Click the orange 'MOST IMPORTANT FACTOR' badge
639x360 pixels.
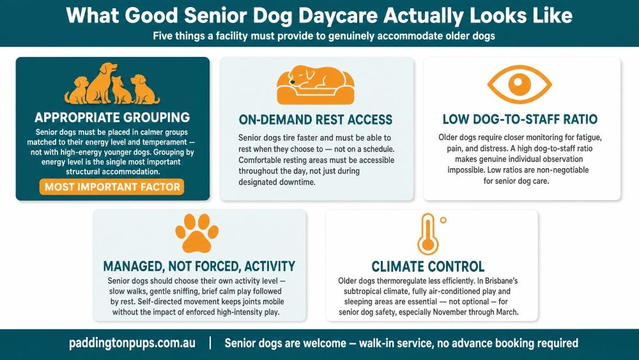(112, 187)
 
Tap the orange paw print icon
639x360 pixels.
(197, 233)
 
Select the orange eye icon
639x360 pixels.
(520, 84)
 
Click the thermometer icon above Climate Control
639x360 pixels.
(427, 234)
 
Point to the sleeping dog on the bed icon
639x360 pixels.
(316, 85)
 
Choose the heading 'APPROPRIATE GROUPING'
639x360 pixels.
(112, 118)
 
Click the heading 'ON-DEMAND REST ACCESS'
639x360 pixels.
(316, 120)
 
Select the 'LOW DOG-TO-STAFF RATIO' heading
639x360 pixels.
(520, 119)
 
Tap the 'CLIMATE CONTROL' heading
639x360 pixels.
(428, 267)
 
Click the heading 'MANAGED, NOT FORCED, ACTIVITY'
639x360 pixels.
(199, 266)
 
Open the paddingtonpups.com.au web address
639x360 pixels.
(132, 343)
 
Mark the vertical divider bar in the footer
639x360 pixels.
(210, 343)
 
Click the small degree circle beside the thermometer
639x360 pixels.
(443, 220)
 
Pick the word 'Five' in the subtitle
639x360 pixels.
(162, 36)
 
